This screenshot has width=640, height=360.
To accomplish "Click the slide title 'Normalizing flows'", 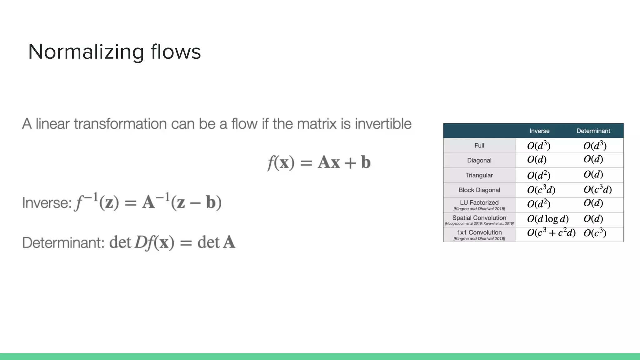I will point(114,52).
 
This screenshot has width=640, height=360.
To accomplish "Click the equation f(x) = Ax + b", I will point(319,162).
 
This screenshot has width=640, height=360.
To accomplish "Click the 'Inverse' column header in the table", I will point(539,131).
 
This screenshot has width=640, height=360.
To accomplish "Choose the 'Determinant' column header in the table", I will point(593,131).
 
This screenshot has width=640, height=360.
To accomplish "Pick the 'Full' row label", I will point(479,146).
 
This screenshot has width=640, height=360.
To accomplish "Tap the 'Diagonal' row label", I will point(479,160).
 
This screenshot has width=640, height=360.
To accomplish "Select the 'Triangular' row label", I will point(479,175).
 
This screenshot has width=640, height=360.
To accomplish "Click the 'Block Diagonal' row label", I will point(479,190).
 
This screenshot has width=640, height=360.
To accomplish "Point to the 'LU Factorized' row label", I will point(479,202).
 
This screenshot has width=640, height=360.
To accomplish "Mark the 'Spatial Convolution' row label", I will point(479,218).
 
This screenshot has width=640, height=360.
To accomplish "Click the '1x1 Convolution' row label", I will point(479,232).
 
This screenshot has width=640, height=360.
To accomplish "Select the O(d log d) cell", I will point(547,219).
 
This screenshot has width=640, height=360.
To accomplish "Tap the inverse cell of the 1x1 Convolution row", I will point(551,233).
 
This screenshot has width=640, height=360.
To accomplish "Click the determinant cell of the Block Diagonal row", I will point(597,190).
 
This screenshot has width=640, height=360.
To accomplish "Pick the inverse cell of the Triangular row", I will point(538,175).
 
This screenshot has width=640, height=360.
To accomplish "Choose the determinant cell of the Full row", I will point(595,146).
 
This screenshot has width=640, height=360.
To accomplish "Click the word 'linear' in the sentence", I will point(52,124).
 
